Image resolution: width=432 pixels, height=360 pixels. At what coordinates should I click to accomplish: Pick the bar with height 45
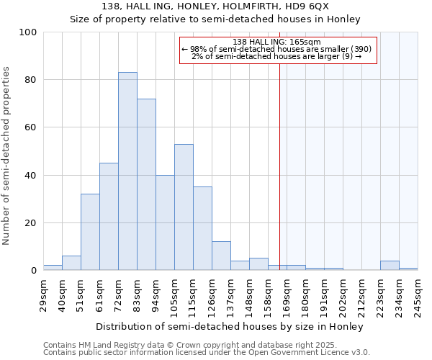109,217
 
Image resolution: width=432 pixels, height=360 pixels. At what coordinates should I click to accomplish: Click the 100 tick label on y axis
28,32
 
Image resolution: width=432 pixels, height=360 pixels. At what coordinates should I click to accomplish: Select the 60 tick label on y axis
31,127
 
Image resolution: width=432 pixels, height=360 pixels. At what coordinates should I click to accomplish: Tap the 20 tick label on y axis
31,223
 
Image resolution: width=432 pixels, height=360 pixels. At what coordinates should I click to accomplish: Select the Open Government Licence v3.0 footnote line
207,353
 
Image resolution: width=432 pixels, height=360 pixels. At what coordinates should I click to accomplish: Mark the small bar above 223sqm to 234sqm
390,266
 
